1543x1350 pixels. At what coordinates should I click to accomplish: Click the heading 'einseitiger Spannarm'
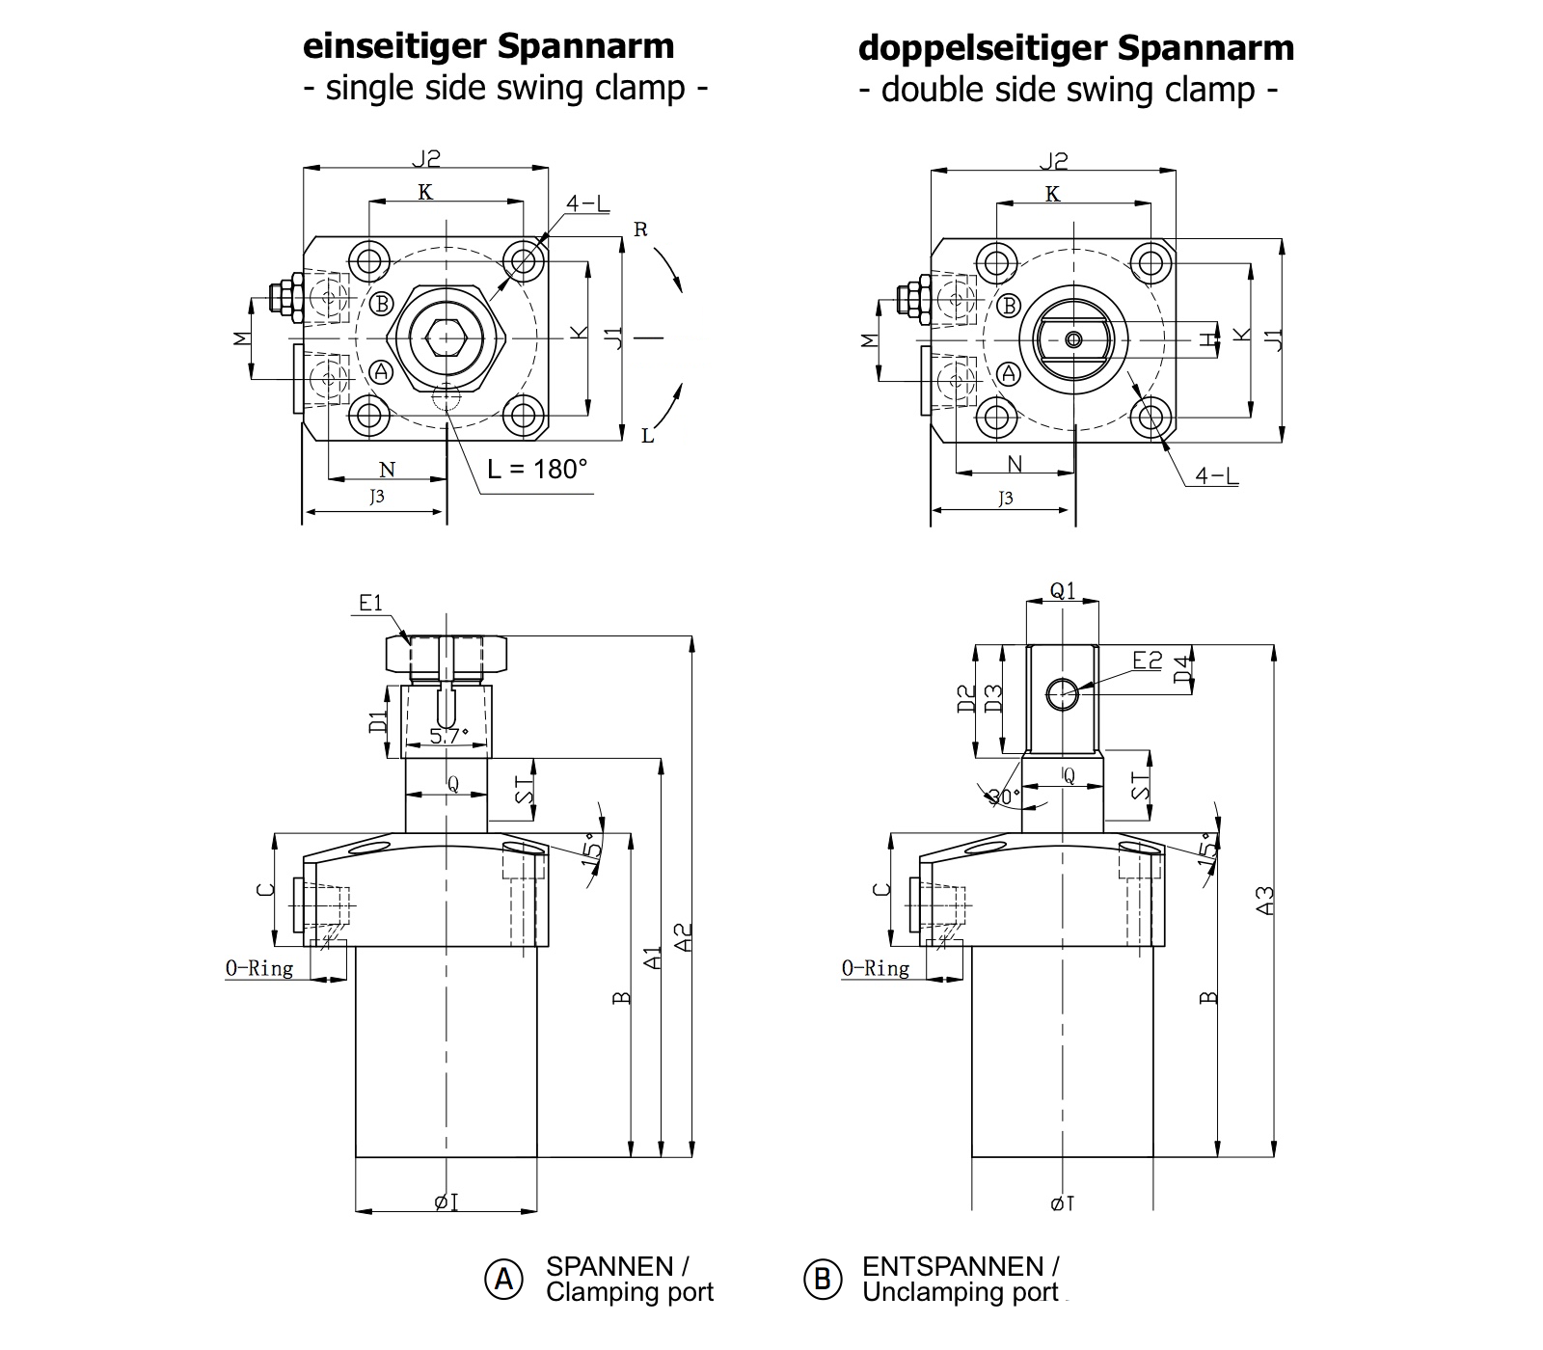pos(489,46)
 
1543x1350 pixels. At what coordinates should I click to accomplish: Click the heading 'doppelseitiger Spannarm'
pos(1075,47)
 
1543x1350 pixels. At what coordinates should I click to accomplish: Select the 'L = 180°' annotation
pos(536,470)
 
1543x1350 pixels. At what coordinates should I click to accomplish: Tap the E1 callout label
pos(371,603)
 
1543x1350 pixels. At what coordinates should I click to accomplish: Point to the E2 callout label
pos(1148,661)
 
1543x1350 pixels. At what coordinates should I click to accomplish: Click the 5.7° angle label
pos(448,736)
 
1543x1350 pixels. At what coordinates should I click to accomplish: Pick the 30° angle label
pos(1004,796)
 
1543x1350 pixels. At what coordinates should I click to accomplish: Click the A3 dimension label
pos(1266,900)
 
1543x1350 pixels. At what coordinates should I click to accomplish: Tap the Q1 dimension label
pos(1062,590)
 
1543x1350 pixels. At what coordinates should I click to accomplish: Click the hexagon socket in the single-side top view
pos(447,338)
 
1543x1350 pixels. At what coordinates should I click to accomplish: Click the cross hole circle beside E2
pos(1063,692)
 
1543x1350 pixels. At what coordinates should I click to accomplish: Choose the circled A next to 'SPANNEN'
pos(503,1279)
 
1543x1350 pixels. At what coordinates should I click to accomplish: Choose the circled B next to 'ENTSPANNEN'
pos(823,1279)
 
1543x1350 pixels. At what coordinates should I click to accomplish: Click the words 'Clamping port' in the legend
pos(630,1293)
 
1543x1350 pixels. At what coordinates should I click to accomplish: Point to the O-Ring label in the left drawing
pos(259,968)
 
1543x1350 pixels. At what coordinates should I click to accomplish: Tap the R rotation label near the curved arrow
pos(640,229)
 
